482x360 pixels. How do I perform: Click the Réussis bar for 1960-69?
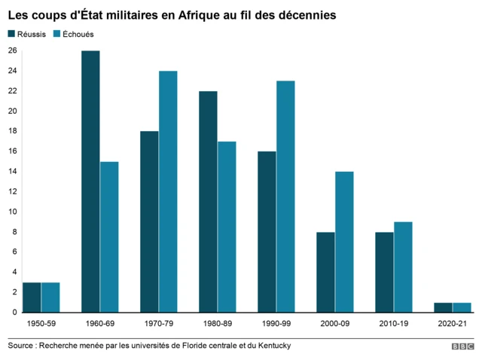tap(90, 181)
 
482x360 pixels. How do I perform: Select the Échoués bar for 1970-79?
tap(168, 191)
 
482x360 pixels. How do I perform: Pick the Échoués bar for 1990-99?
tap(285, 196)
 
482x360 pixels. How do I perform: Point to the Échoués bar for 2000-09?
tap(344, 241)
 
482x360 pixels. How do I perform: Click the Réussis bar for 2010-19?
tap(384, 271)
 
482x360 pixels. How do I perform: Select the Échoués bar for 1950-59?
tap(50, 297)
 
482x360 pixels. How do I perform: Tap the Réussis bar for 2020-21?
tap(443, 307)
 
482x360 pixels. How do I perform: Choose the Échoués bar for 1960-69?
tap(109, 236)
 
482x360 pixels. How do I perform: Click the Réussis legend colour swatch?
tap(11, 34)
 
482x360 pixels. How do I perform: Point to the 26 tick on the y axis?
tap(12, 50)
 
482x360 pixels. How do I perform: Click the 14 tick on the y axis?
tap(12, 171)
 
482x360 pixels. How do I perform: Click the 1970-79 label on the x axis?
tap(158, 323)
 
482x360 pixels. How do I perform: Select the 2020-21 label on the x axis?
tap(452, 323)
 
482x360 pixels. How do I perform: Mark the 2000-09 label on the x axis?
tap(334, 323)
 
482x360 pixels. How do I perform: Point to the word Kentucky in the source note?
tap(270, 346)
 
